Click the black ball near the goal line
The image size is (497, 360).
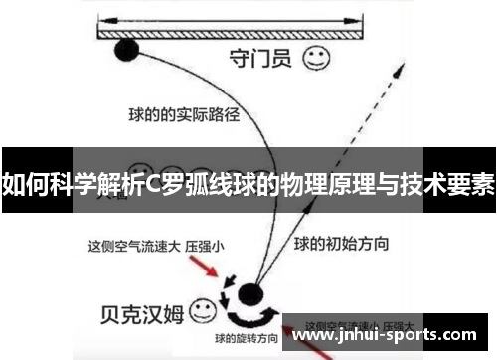point(126,48)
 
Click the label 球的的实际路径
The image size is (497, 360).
point(184,112)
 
